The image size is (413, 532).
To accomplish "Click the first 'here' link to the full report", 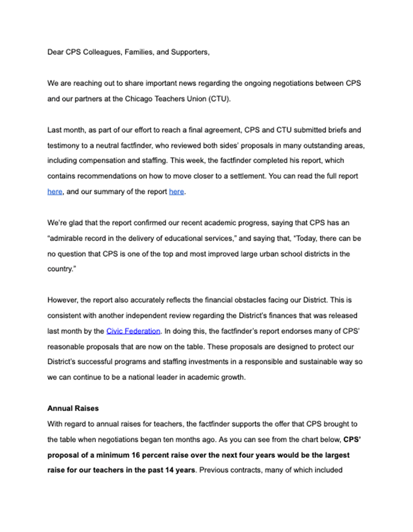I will coord(54,191).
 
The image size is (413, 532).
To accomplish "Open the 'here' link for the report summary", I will coord(176,191).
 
